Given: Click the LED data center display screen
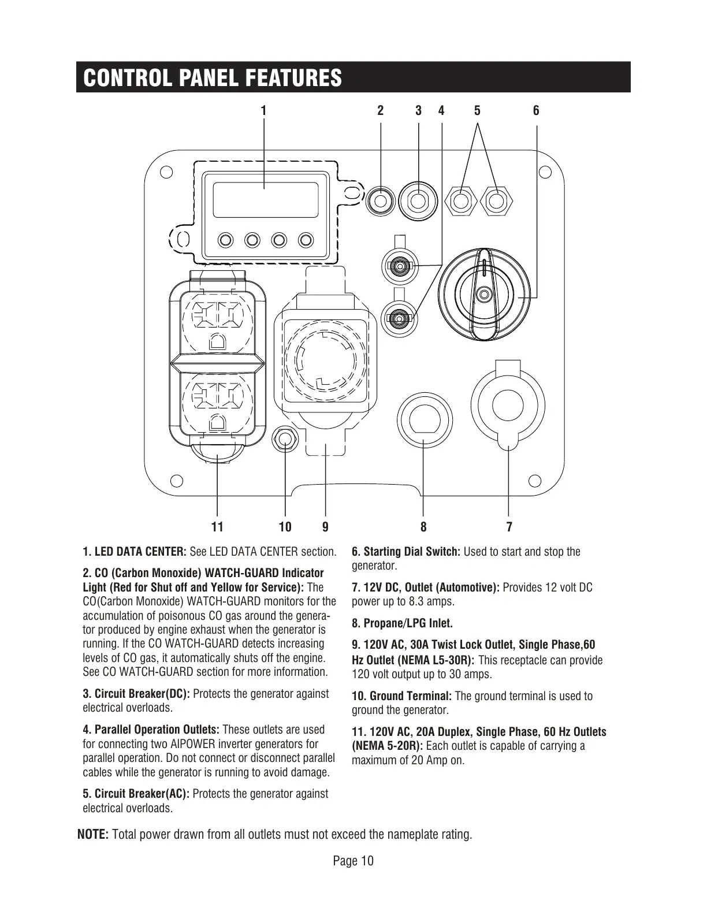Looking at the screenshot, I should pos(265,199).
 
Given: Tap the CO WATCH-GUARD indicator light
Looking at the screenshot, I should pos(381,200).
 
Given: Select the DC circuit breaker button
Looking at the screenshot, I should pos(418,200).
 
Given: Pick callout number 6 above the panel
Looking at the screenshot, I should pos(536,110).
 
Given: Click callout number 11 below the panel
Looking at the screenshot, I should pos(217,527).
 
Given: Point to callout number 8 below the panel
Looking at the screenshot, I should pos(423,527).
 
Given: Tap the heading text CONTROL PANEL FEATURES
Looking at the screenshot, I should pos(213,78).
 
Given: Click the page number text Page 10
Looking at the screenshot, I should pos(353,861).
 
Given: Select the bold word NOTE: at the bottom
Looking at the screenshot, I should pos(93,835).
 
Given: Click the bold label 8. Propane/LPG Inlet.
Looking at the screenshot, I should pos(402,623).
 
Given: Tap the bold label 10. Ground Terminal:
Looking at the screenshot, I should pos(402,696).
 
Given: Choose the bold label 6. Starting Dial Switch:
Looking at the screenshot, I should pos(405,552).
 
